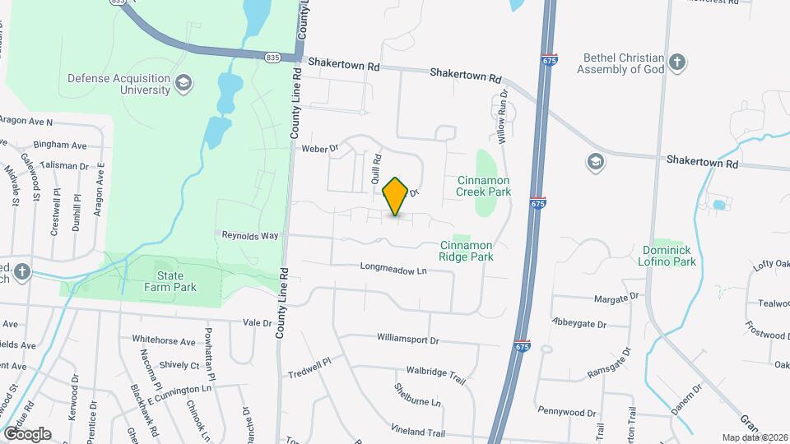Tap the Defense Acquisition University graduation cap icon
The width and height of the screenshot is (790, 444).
[183, 82]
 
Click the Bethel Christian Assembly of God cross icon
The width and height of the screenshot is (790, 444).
[676, 63]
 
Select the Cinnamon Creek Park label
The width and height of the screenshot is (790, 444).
[484, 186]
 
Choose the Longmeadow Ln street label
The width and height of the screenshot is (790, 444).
[395, 269]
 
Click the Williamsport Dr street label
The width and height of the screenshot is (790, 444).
[408, 339]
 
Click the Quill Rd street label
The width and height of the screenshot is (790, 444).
[376, 169]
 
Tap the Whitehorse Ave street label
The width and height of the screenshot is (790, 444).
[164, 340]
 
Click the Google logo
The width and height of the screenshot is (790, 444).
[27, 433]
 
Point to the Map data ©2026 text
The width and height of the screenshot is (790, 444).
[754, 437]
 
